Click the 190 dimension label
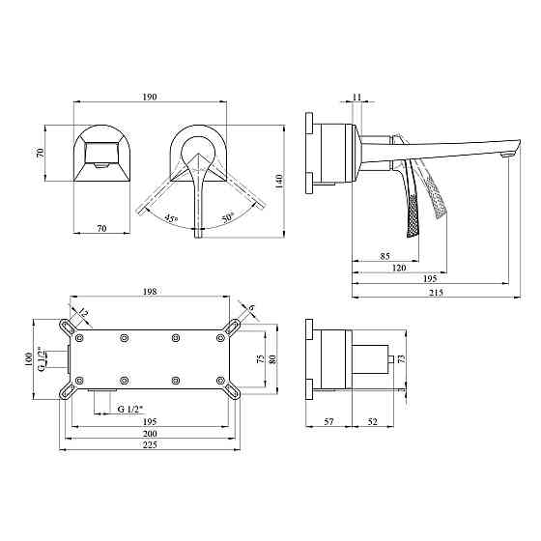pyautogui.click(x=150, y=97)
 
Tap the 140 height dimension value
pyautogui.click(x=279, y=182)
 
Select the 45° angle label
pyautogui.click(x=171, y=218)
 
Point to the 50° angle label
pyautogui.click(x=227, y=217)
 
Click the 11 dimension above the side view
pyautogui.click(x=357, y=97)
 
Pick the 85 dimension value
pyautogui.click(x=385, y=256)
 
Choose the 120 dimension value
pyautogui.click(x=399, y=268)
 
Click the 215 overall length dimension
pyautogui.click(x=436, y=293)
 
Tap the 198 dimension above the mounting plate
pyautogui.click(x=150, y=291)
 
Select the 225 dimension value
pyautogui.click(x=150, y=445)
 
